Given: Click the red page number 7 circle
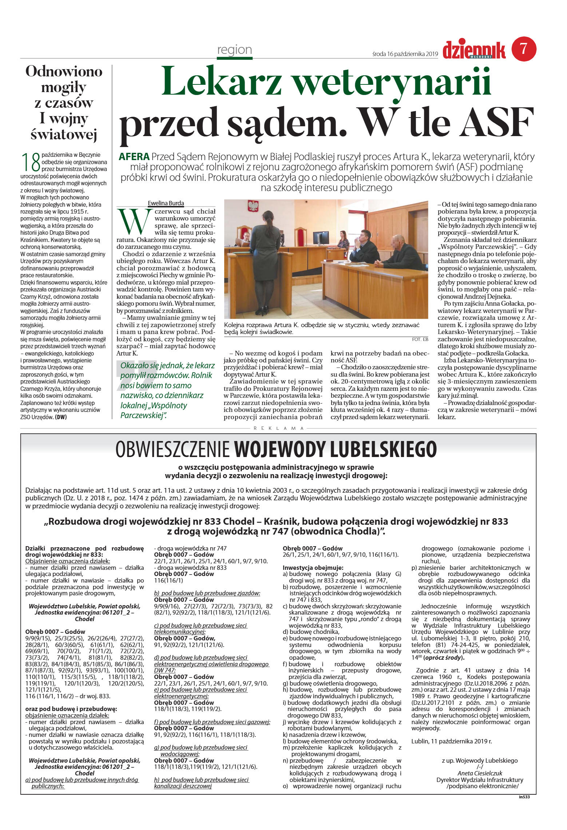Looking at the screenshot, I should click(x=524, y=49).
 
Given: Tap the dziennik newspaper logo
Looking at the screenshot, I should click(x=474, y=50).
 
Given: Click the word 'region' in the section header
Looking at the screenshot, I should click(x=234, y=50).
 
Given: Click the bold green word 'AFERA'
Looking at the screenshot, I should click(x=134, y=157).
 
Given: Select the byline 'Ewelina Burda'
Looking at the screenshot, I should click(x=166, y=203).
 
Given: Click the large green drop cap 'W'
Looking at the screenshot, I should click(x=132, y=222).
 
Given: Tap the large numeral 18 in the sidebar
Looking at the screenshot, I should click(x=31, y=162).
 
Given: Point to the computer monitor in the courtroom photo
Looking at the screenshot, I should click(x=321, y=238).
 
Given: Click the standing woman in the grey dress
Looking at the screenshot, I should click(x=265, y=262).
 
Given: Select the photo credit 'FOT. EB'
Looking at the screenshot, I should click(x=420, y=339).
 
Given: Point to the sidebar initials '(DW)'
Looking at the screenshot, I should click(x=61, y=417).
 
